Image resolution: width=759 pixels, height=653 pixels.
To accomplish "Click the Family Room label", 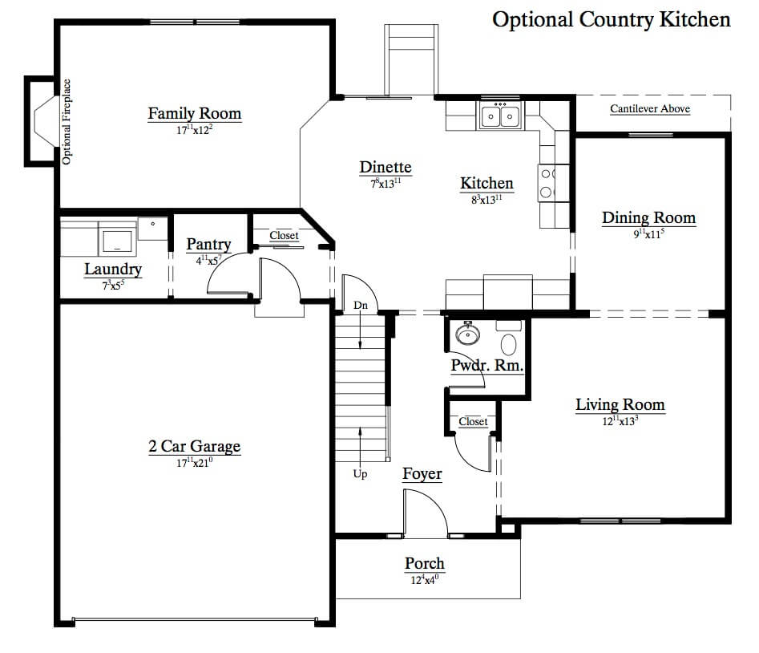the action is [195, 113].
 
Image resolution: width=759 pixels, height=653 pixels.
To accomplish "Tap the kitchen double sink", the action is [500, 116].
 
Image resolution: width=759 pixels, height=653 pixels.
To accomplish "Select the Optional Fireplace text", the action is [67, 122].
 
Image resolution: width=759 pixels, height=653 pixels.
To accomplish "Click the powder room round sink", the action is [467, 333].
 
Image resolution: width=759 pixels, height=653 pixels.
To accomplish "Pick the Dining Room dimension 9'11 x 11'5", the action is [648, 233].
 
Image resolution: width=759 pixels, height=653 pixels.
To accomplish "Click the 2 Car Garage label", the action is [195, 446].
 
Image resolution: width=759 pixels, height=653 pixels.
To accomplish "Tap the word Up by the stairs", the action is [360, 474].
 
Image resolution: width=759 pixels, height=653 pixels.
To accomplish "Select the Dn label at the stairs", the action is [361, 305].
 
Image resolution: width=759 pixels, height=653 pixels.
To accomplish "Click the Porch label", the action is [425, 563].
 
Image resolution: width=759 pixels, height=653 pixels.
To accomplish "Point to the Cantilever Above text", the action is [650, 108].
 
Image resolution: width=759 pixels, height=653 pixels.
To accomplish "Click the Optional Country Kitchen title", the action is [612, 20].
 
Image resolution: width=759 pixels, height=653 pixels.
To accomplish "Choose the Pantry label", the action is [208, 244].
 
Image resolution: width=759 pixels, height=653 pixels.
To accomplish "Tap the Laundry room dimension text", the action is [113, 286].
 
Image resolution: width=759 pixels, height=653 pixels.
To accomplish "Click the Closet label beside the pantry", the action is [284, 235].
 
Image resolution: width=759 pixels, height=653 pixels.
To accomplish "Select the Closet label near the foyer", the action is [473, 421].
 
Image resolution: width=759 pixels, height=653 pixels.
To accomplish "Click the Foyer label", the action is [422, 474].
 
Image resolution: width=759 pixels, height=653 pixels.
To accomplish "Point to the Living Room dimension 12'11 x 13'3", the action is [620, 420].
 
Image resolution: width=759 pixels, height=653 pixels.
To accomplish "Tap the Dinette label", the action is [386, 167].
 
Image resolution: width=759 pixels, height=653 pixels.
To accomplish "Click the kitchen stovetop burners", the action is [547, 183].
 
